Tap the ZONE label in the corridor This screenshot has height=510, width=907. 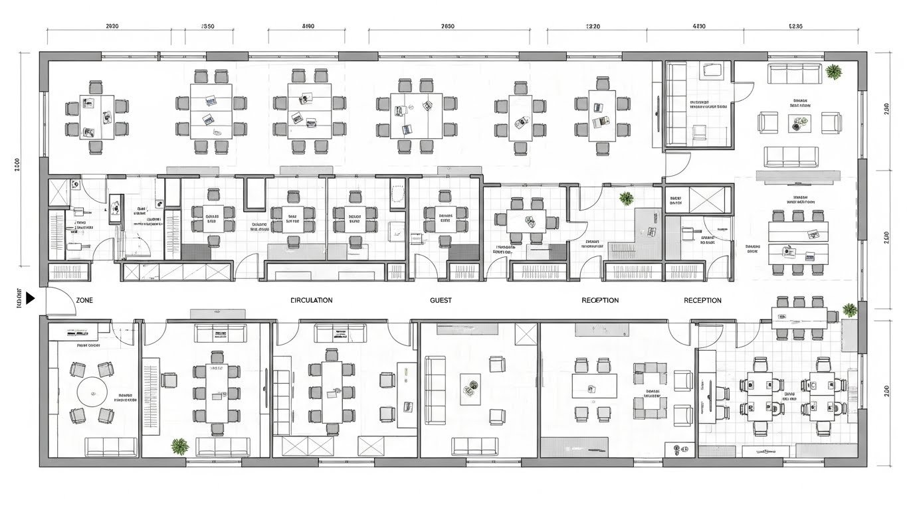click(x=84, y=300)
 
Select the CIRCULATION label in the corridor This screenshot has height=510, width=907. click(x=312, y=300)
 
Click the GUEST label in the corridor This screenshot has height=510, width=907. click(x=441, y=300)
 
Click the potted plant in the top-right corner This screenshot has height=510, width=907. click(x=834, y=71)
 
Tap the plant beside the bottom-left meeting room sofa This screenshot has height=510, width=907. click(x=179, y=446)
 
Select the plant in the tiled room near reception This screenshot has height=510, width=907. click(x=626, y=198)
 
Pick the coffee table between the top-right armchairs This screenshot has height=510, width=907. click(x=799, y=122)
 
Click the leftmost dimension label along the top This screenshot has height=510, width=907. click(x=112, y=27)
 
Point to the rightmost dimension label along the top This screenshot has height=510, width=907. click(x=795, y=27)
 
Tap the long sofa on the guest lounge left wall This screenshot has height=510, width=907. click(x=435, y=390)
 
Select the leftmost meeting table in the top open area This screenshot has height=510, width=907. click(x=97, y=116)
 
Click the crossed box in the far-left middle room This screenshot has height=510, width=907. click(x=59, y=193)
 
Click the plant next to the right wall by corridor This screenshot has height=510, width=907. click(x=849, y=309)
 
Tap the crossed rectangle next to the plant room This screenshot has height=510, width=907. click(x=710, y=199)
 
